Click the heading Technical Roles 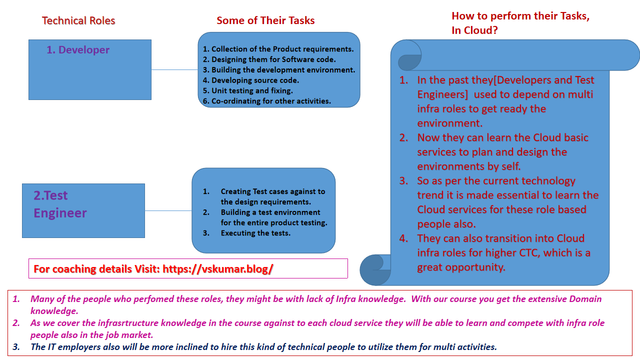pyautogui.click(x=78, y=20)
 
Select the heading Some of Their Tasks pyautogui.click(x=265, y=20)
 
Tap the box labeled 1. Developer pyautogui.click(x=89, y=70)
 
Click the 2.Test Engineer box pyautogui.click(x=83, y=210)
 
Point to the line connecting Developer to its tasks pyautogui.click(x=174, y=70)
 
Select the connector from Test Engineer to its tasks pyautogui.click(x=168, y=210)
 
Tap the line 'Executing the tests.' pyautogui.click(x=255, y=233)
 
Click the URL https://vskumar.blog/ pyautogui.click(x=218, y=269)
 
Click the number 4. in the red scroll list pyautogui.click(x=403, y=238)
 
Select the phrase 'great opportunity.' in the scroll pyautogui.click(x=461, y=267)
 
